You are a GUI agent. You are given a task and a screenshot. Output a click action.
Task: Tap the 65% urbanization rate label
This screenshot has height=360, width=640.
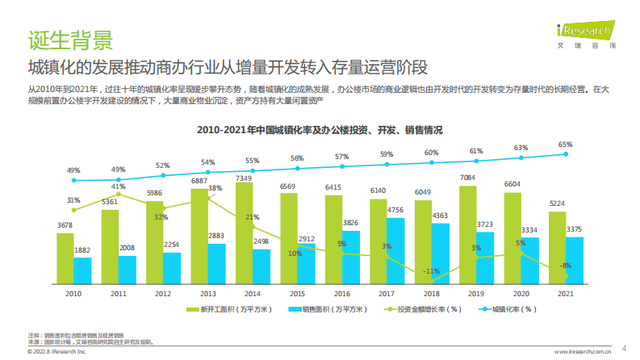(x=566, y=145)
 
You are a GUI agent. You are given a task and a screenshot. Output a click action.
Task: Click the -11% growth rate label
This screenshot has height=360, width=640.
(x=432, y=270)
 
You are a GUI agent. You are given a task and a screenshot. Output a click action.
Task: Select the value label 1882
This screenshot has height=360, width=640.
(x=82, y=251)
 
